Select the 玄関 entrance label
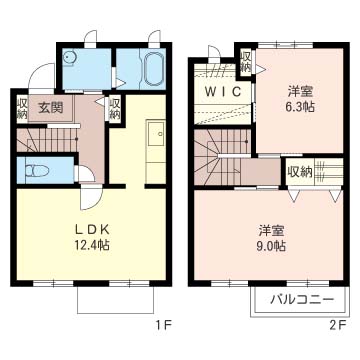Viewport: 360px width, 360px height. [50, 107]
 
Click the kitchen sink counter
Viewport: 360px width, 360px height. [156, 145]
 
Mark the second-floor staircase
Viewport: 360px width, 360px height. [219, 156]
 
